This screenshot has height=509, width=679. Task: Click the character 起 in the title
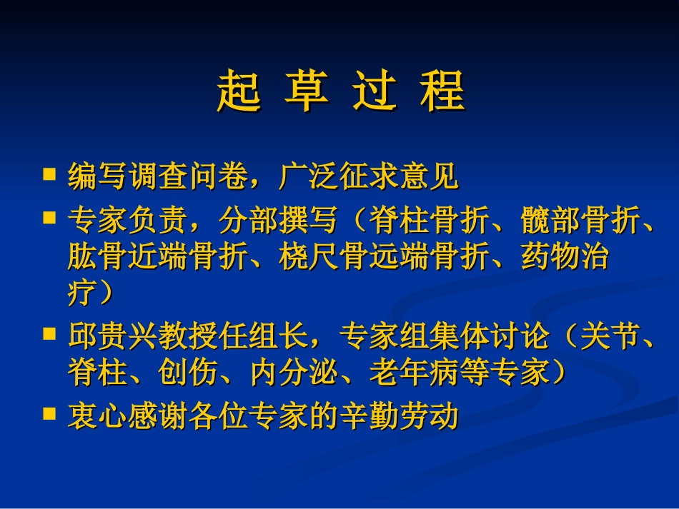click(239, 91)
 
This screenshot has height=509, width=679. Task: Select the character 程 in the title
click(443, 91)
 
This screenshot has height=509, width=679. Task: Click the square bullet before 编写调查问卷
click(49, 173)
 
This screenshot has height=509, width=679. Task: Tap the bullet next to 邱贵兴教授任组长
click(49, 333)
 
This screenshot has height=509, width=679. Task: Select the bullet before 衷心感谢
click(49, 412)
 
